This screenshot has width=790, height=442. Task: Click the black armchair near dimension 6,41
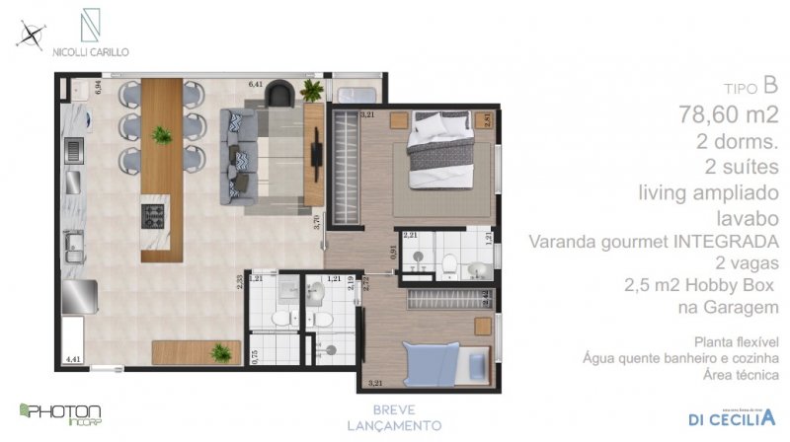click(x=281, y=95)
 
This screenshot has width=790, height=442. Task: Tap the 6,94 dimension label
click(x=98, y=87)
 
